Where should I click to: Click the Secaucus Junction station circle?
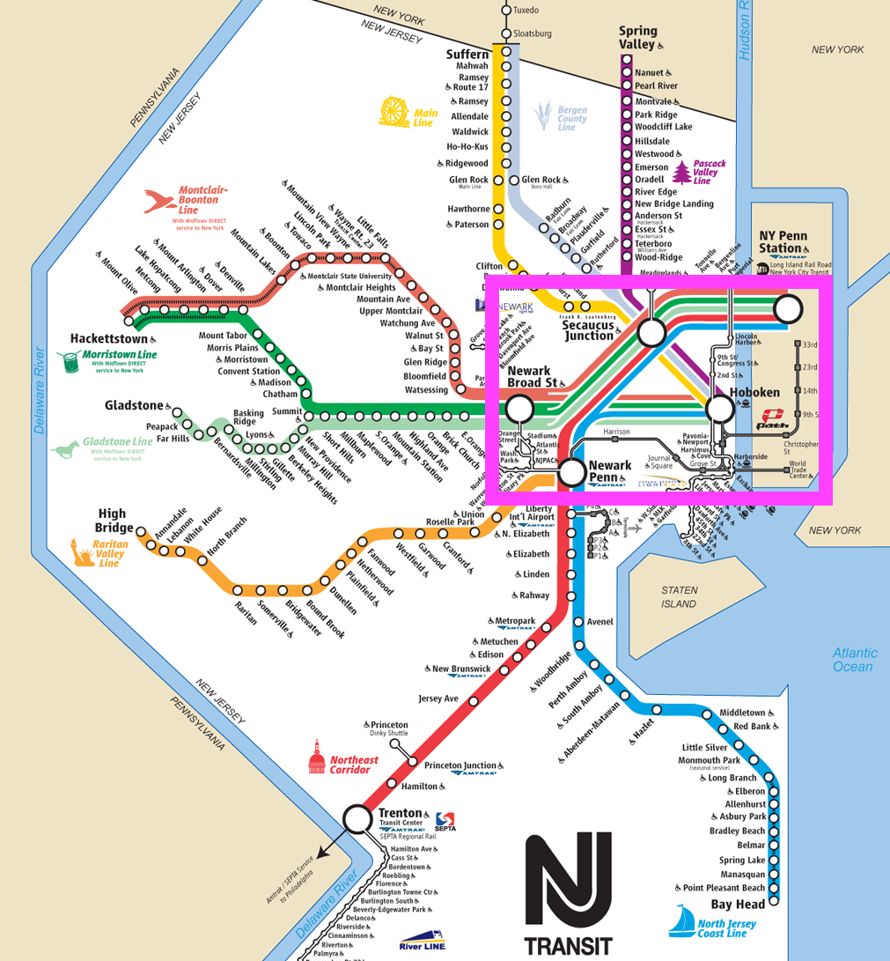click(651, 332)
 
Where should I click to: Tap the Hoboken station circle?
click(720, 408)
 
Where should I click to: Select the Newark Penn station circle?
click(573, 473)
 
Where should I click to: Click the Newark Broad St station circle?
click(519, 408)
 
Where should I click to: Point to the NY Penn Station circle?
click(788, 308)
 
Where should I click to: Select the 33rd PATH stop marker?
click(798, 344)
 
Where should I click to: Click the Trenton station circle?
click(357, 818)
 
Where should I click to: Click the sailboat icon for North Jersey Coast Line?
click(681, 922)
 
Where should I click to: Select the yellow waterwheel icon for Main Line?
click(394, 112)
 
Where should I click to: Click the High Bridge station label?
click(112, 521)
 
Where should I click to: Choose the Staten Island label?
click(679, 596)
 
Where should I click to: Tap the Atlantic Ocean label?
click(854, 660)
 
